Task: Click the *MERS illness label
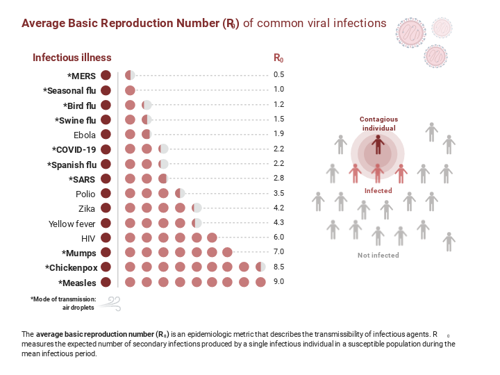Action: [x=81, y=75]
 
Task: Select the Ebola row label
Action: [x=84, y=135]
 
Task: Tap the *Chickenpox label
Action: [x=70, y=267]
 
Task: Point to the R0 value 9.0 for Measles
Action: [x=278, y=282]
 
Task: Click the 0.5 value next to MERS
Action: [x=278, y=75]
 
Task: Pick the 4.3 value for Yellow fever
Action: [x=278, y=223]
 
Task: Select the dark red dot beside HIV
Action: [x=106, y=237]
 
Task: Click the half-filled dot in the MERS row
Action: [x=129, y=75]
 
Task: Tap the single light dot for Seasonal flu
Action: [x=129, y=90]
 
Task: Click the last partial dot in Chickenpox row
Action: [x=260, y=267]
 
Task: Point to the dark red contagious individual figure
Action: [x=377, y=144]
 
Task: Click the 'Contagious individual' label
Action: [x=378, y=124]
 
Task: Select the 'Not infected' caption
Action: [x=378, y=256]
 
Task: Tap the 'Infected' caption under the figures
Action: [x=378, y=191]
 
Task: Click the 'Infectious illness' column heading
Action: [x=72, y=58]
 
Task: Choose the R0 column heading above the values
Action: [x=278, y=58]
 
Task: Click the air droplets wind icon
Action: [x=111, y=303]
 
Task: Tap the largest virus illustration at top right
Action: [x=410, y=32]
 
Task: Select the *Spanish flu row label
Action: [x=71, y=165]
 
